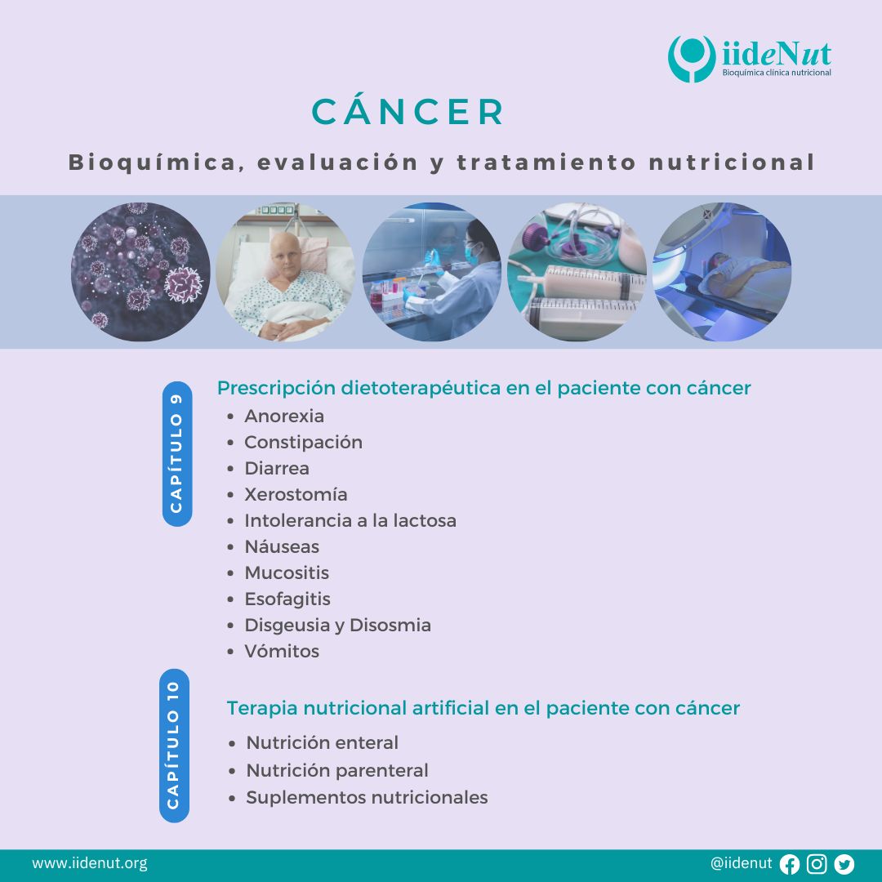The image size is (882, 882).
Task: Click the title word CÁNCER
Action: [408, 111]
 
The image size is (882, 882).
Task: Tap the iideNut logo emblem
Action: [692, 59]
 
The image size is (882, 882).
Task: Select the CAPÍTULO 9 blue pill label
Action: [176, 454]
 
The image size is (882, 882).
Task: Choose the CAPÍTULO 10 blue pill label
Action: [174, 746]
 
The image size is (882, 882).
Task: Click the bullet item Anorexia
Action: [284, 416]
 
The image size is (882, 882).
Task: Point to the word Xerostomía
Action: [296, 494]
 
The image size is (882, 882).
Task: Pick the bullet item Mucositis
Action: [287, 572]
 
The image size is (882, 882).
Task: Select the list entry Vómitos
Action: [282, 651]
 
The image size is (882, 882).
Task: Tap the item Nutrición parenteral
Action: [337, 770]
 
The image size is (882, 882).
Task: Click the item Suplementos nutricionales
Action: [367, 797]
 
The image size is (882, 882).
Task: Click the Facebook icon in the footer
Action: [789, 864]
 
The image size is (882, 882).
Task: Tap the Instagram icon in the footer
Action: [817, 863]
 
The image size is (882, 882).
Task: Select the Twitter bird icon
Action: [844, 863]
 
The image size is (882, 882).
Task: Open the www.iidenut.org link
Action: [90, 863]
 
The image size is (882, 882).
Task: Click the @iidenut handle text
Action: [742, 863]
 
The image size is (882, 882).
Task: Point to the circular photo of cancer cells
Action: [140, 272]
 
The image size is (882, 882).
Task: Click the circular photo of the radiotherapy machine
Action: [722, 272]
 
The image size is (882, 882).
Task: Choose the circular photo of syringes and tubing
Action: [577, 272]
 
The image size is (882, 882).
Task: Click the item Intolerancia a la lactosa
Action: [350, 520]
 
